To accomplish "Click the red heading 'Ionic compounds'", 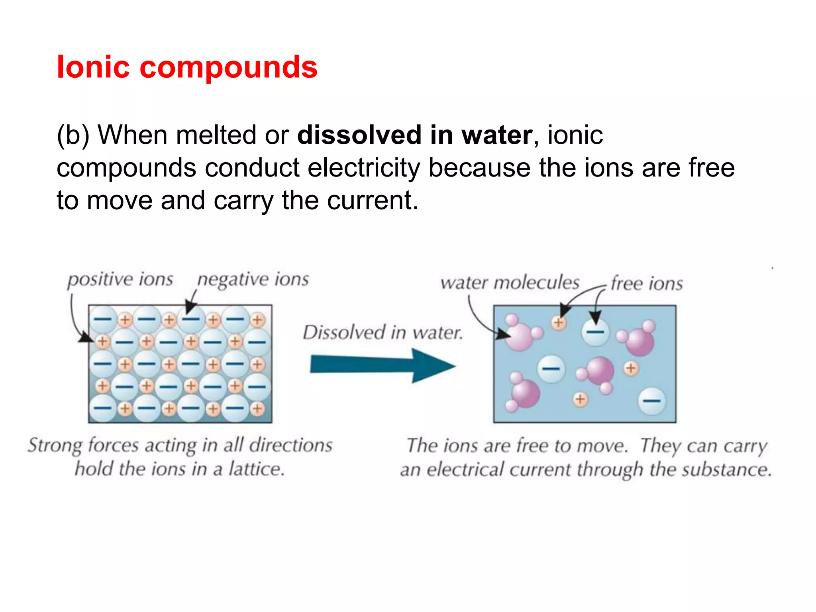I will pos(187,67).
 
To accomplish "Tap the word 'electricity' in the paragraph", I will pos(364,168).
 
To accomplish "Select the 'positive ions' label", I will pos(120,280).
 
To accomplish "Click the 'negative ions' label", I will pos(253,280).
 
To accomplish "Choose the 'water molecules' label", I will pos(510,283).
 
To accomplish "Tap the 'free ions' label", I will pos(647,284).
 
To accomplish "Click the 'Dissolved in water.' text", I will pos(383,332).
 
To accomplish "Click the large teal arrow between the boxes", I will pos(382,365).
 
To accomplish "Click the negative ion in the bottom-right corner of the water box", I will pos(651,401).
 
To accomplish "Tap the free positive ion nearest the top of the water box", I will pos(559,322).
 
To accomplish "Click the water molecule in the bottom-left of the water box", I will pos(524,392).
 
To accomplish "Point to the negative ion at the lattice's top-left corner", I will pos(102,319).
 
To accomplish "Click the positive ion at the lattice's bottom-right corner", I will pos(258,408).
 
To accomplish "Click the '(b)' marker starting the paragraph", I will pos(73,135).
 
